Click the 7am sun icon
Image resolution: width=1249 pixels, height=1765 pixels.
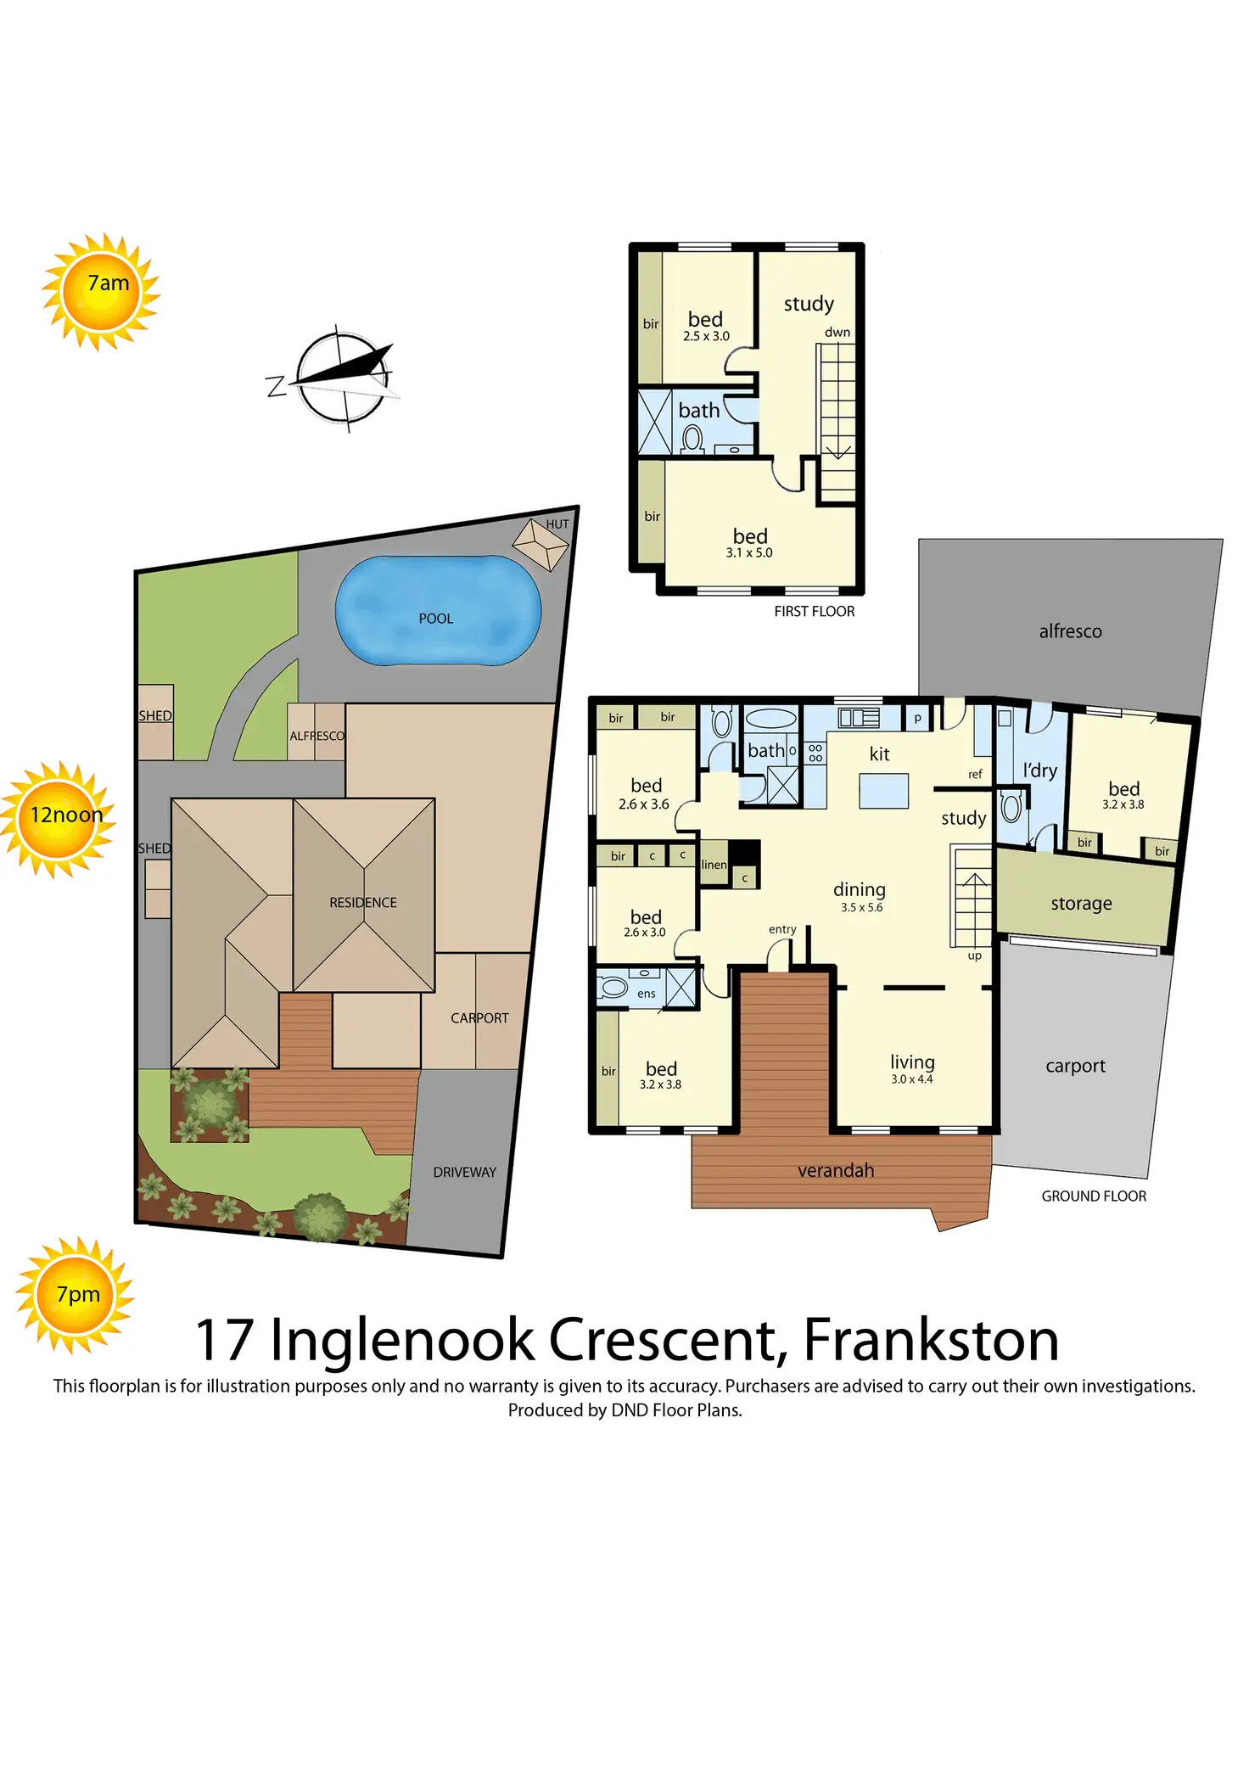pos(102,291)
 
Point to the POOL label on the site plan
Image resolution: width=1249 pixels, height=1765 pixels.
pos(435,619)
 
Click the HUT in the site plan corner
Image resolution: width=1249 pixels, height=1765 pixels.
pos(540,543)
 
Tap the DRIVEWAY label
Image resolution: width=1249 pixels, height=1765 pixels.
pos(464,1172)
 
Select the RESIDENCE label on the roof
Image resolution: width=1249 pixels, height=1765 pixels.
pos(363,902)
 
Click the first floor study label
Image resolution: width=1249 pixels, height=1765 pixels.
pos(808,304)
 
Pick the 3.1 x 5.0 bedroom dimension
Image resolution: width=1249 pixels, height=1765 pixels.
pos(749,552)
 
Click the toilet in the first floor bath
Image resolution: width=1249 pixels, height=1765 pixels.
pos(692,439)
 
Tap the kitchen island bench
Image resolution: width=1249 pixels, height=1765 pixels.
pos(883,790)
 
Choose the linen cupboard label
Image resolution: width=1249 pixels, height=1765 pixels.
pos(714,865)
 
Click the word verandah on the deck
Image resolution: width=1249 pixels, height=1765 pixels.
pos(835,1170)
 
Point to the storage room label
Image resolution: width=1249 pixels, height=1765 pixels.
pos(1081,904)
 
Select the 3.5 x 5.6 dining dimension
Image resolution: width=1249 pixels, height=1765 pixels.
pos(861,907)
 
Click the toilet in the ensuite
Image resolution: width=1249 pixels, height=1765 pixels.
pos(613,988)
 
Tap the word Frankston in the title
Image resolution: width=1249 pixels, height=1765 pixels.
pos(930,1340)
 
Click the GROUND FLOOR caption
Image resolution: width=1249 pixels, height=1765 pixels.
pos(1094,1196)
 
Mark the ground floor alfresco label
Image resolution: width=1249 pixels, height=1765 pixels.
pos(1070,631)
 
